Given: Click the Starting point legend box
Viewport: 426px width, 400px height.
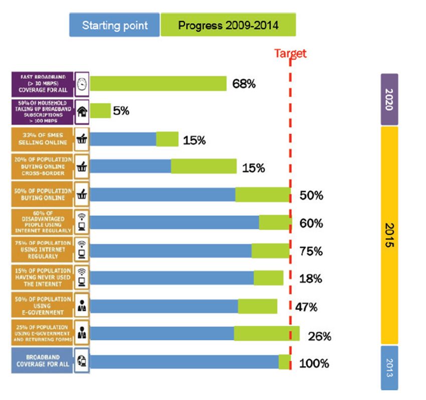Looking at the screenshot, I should coord(114,25).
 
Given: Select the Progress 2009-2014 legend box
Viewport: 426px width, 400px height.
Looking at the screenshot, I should coord(228,25).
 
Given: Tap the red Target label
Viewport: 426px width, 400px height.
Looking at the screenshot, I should coord(290,54).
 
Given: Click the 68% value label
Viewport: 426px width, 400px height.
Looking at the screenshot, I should coord(244,84).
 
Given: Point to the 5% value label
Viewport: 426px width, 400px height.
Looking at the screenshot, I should coord(121,111).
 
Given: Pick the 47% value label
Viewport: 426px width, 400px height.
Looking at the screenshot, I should coord(305,307).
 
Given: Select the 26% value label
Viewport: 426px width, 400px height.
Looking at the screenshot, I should coord(319,336).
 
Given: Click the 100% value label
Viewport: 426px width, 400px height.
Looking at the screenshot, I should coord(314,363).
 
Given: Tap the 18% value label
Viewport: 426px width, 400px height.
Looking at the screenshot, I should coord(310,279).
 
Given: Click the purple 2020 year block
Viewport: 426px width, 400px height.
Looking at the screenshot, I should coord(389,99).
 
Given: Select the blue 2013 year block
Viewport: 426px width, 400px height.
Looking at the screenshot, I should coord(389,367).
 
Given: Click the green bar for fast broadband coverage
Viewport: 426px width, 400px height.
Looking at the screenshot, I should coord(158,84).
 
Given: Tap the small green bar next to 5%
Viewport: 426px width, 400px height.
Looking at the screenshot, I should coord(100,111).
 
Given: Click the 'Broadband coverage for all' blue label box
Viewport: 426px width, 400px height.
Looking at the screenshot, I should coord(42,361).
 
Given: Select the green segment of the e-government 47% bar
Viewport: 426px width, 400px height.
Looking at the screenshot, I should coord(258,306).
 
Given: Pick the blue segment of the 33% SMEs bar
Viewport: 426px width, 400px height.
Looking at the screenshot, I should coord(123,139).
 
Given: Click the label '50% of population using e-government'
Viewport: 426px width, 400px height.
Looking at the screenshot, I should coord(42,305).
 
